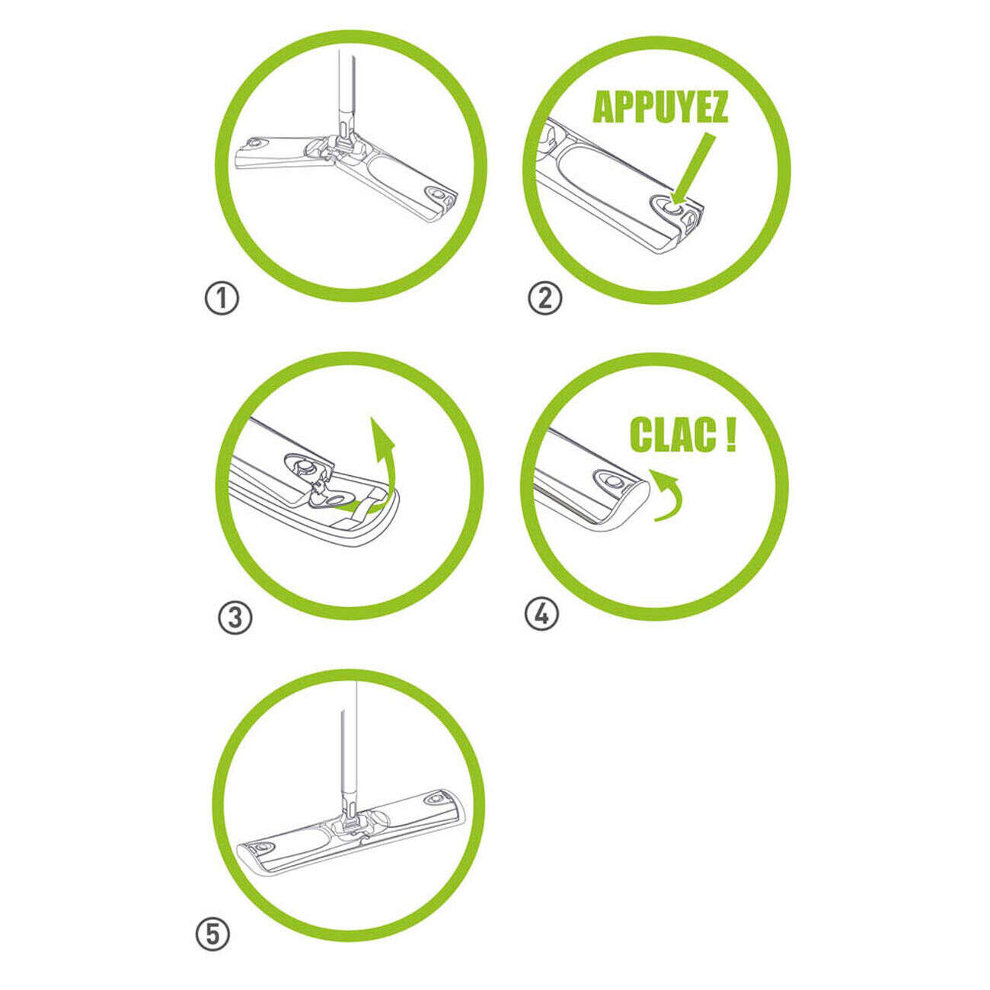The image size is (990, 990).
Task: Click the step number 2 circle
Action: click(x=544, y=298)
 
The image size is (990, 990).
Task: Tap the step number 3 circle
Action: click(x=235, y=618)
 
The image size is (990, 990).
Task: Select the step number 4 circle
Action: click(x=541, y=613)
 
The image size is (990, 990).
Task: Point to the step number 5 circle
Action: click(x=212, y=934)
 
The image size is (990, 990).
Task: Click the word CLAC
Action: click(x=673, y=435)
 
